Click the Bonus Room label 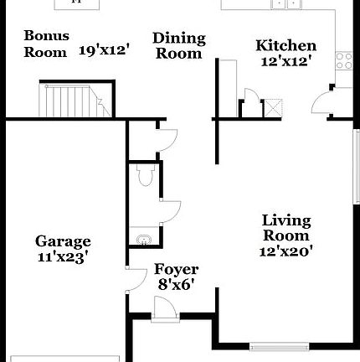tap(46, 44)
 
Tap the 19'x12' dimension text tap(105, 50)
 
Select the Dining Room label tap(178, 46)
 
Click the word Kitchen tap(285, 46)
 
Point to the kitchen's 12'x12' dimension tap(285, 61)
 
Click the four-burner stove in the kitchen tap(343, 60)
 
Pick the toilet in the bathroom tap(144, 175)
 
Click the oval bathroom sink tap(144, 240)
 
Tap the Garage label tap(63, 242)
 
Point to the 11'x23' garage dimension tap(63, 257)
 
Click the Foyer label tap(176, 270)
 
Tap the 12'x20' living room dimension tap(286, 251)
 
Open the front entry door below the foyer tap(164, 311)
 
